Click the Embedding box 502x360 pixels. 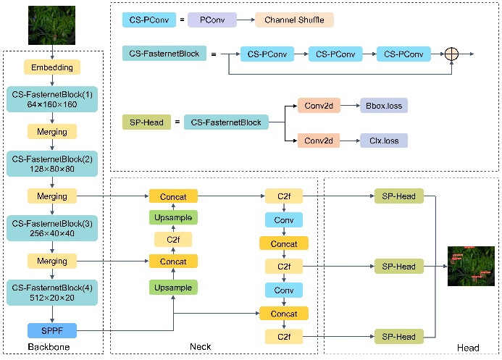click(51, 67)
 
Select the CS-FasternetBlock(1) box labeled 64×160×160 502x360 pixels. click(51, 99)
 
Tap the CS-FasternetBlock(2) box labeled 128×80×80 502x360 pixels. click(51, 164)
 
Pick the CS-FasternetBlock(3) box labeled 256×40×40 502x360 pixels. click(51, 227)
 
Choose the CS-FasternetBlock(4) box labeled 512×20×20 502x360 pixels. click(51, 292)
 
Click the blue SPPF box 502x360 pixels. click(51, 330)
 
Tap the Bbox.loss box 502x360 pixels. click(384, 106)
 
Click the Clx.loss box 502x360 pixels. click(384, 140)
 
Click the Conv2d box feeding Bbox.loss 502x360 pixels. click(317, 106)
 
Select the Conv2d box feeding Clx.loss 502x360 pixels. click(317, 140)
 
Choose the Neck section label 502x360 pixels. click(199, 348)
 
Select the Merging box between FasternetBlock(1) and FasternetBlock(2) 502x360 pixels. click(51, 132)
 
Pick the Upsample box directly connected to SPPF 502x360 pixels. click(173, 288)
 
